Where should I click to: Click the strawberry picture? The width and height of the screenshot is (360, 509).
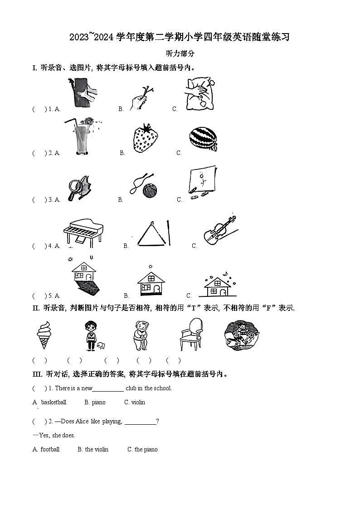click(146, 138)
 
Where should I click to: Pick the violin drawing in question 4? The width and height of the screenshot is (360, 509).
click(219, 232)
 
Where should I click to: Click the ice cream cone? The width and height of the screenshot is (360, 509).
click(44, 334)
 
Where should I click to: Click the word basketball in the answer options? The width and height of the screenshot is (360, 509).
click(54, 402)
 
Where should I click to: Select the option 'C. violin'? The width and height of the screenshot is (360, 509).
click(135, 402)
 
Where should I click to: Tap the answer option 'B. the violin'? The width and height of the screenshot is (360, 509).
click(93, 450)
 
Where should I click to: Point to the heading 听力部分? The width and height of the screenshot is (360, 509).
click(180, 53)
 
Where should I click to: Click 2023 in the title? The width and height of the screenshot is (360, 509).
click(80, 38)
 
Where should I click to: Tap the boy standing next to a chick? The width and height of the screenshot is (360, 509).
click(92, 335)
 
